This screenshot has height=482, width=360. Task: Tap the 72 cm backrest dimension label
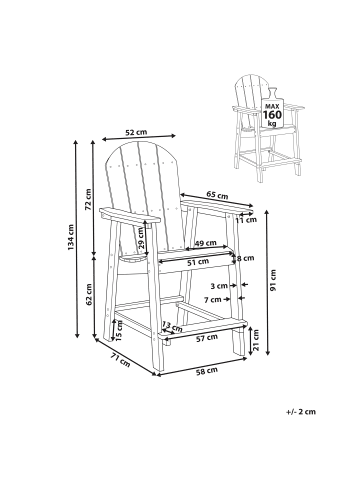89,206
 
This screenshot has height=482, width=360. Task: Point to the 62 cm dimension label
89,297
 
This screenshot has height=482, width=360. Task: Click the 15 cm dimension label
119,327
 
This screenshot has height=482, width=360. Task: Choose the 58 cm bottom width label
208,371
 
